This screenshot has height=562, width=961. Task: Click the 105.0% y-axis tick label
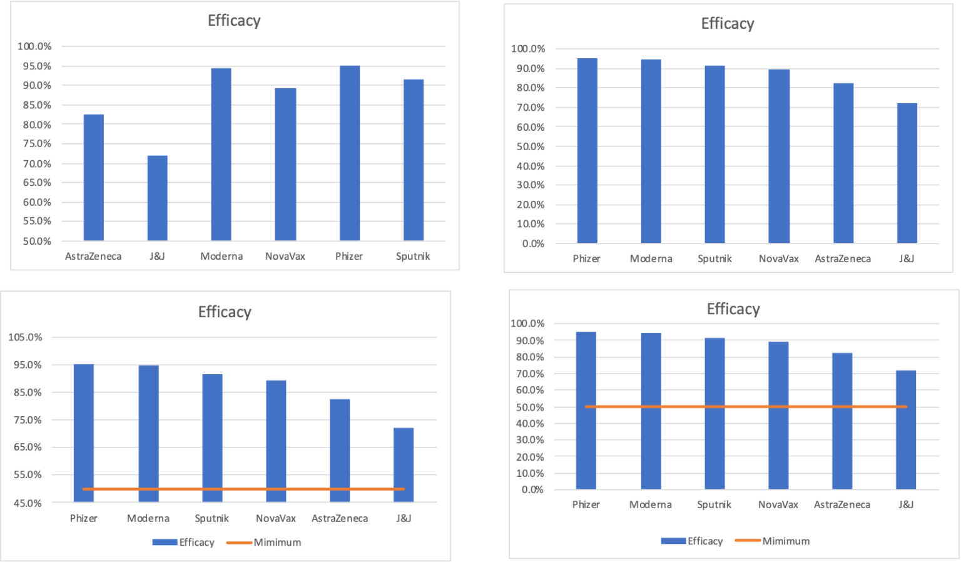tap(25, 337)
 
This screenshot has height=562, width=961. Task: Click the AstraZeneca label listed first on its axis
tap(93, 257)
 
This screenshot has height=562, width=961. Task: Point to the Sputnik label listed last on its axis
tap(413, 257)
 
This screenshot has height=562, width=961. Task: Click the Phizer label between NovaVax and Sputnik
tap(349, 257)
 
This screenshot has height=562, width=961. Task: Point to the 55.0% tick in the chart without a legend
tap(37, 222)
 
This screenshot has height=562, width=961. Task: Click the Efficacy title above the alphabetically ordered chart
tap(234, 21)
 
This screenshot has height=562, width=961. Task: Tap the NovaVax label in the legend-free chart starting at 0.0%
tap(779, 259)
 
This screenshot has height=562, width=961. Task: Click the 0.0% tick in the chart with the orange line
tap(533, 490)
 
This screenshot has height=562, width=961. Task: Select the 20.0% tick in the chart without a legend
tap(531, 205)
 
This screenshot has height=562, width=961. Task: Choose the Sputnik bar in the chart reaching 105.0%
tap(212, 437)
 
